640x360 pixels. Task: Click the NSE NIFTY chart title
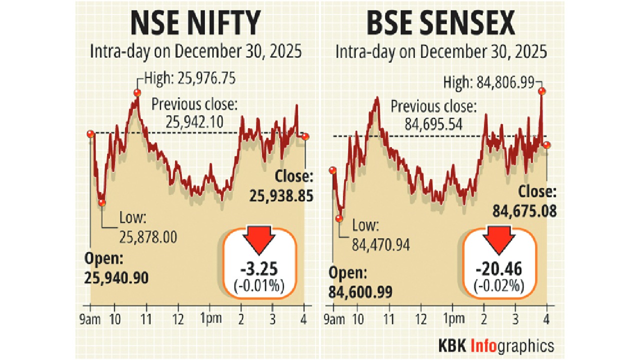195,24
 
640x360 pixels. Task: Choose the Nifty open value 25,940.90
116,277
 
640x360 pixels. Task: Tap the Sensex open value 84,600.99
361,291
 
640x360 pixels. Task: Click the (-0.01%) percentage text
258,286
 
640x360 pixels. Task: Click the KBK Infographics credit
496,345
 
